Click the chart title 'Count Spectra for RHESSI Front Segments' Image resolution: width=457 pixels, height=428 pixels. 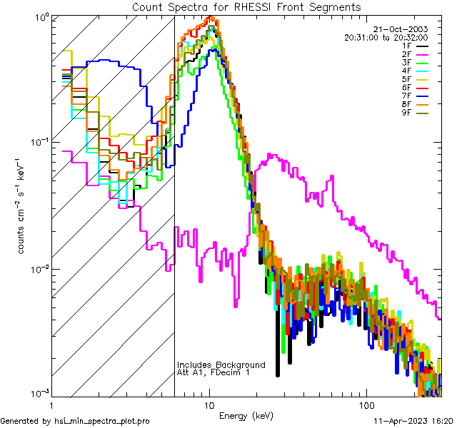coord(246,6)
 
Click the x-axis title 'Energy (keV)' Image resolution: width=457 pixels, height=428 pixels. coord(246,415)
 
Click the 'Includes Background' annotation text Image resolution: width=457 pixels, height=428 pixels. coord(221,365)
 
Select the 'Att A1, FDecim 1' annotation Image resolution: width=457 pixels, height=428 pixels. coord(214,373)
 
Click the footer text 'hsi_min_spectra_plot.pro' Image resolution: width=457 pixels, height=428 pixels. coord(102,421)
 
